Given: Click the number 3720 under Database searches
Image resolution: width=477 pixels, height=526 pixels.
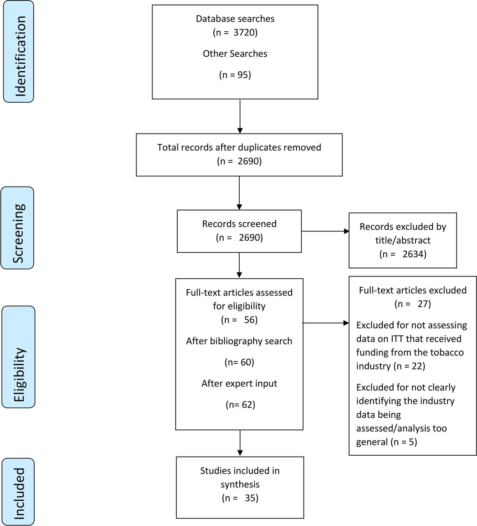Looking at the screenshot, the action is pyautogui.click(x=244, y=32).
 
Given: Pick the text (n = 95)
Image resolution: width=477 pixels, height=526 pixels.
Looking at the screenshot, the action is pyautogui.click(x=235, y=75).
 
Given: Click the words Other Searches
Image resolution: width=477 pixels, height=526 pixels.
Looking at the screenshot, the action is pyautogui.click(x=235, y=53).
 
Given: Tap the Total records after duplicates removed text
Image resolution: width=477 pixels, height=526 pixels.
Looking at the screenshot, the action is pyautogui.click(x=239, y=148).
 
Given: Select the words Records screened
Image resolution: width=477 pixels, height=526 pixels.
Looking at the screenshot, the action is pyautogui.click(x=239, y=224).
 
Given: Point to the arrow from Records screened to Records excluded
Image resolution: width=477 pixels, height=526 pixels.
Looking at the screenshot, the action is pyautogui.click(x=325, y=231).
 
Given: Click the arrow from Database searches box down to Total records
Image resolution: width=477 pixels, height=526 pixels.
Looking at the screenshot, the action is pyautogui.click(x=240, y=116).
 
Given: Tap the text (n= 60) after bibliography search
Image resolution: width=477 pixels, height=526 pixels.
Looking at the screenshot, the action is pyautogui.click(x=239, y=362).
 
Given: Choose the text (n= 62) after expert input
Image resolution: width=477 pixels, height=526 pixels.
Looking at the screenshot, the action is pyautogui.click(x=240, y=404).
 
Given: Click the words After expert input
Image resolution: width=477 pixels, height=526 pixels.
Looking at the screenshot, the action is pyautogui.click(x=239, y=383).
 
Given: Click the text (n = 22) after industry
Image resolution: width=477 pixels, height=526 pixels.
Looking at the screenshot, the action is pyautogui.click(x=409, y=366).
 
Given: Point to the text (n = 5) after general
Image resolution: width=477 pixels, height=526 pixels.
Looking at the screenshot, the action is pyautogui.click(x=404, y=442).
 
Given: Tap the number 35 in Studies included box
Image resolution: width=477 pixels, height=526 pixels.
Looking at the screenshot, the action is pyautogui.click(x=250, y=498).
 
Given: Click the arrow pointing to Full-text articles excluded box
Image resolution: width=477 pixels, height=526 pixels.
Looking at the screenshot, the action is pyautogui.click(x=326, y=323).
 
